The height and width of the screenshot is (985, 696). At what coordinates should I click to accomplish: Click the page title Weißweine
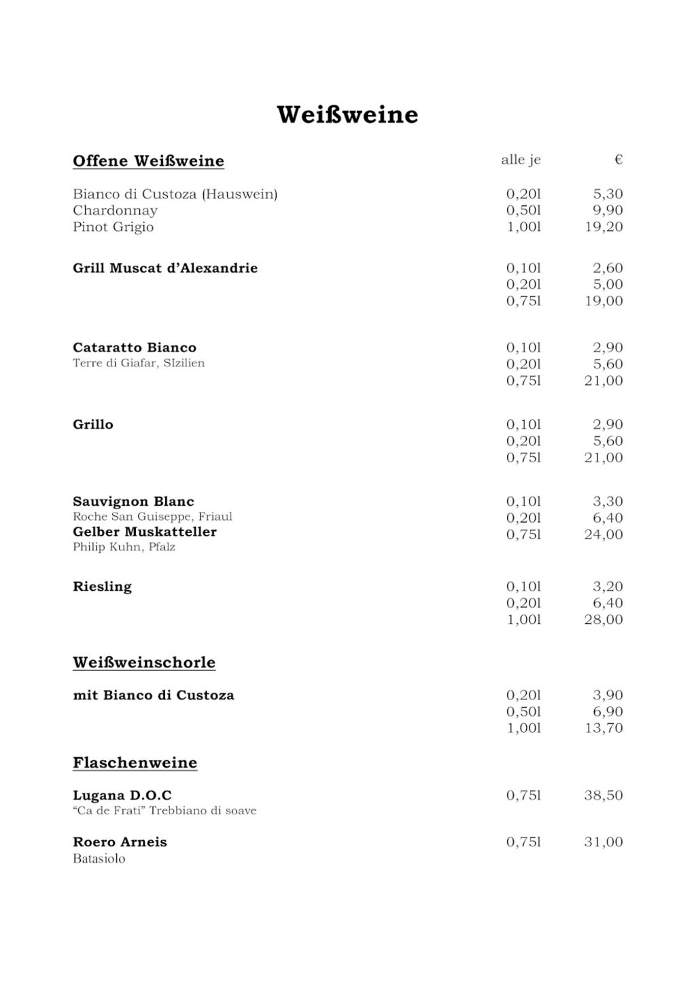(x=347, y=114)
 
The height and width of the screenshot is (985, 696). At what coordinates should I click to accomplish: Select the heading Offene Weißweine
(x=148, y=161)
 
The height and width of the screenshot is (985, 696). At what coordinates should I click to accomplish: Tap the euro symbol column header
(x=618, y=160)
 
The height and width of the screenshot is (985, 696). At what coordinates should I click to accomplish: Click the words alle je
(x=521, y=160)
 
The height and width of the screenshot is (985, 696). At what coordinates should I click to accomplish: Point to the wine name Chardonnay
(x=115, y=211)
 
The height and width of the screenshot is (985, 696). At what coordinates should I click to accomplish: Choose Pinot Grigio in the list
(x=113, y=227)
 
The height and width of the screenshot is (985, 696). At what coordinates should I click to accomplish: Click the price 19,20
(x=604, y=227)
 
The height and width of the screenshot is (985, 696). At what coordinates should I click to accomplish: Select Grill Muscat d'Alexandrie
(x=165, y=269)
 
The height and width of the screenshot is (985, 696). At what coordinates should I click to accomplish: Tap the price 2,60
(x=608, y=269)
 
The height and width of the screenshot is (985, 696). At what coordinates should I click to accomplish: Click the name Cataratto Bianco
(x=135, y=348)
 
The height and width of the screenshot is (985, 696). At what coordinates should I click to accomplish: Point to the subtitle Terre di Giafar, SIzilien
(x=139, y=363)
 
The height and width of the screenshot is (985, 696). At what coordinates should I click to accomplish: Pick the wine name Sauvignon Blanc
(x=133, y=502)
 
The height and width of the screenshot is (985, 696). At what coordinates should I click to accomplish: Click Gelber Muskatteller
(x=145, y=532)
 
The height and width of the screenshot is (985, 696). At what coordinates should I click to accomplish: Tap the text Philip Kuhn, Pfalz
(x=124, y=547)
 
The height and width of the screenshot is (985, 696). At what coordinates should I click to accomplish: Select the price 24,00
(x=604, y=535)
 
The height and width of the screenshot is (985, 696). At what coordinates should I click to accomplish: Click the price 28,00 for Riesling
(x=604, y=620)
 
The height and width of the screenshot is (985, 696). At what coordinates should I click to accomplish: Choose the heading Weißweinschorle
(x=144, y=663)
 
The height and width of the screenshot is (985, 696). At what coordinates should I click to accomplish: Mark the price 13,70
(x=604, y=728)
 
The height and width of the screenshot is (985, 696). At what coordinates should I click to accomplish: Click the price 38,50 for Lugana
(x=604, y=795)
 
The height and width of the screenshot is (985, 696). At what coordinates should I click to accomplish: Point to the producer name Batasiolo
(x=99, y=859)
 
